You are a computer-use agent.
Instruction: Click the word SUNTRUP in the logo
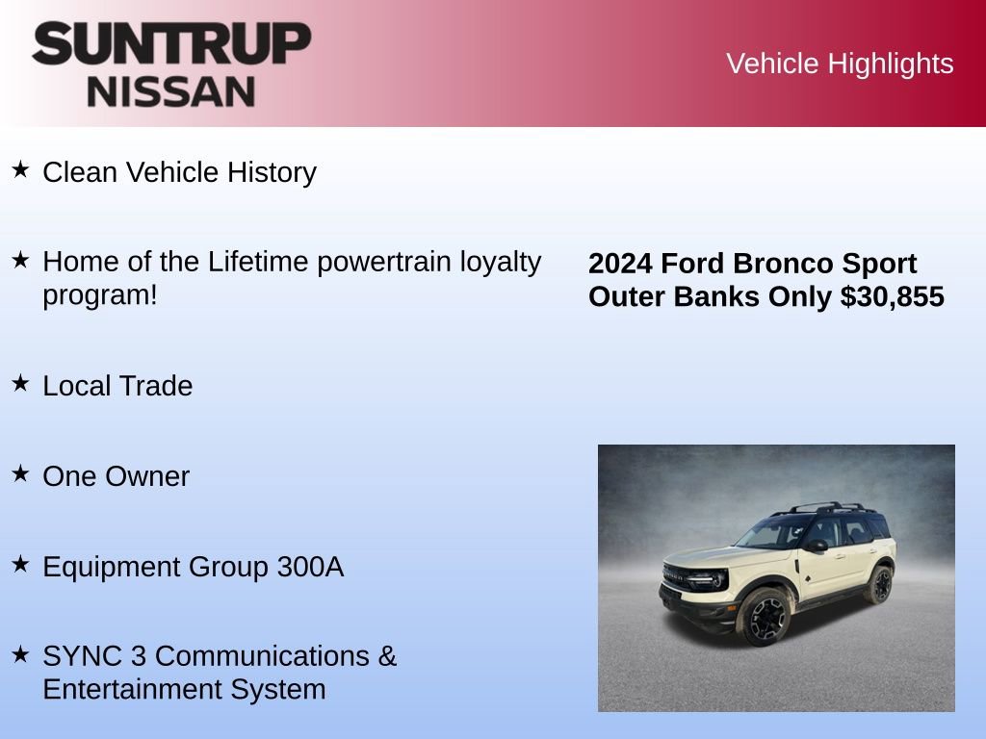pyautogui.click(x=171, y=44)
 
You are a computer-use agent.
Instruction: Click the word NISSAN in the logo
pyautogui.click(x=171, y=90)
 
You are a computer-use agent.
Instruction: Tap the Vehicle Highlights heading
pyautogui.click(x=840, y=64)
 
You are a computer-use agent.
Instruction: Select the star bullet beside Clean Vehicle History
pyautogui.click(x=20, y=170)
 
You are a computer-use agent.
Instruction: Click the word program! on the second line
pyautogui.click(x=99, y=294)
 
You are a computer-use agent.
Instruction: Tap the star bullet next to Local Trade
pyautogui.click(x=20, y=383)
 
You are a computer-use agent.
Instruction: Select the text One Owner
pyautogui.click(x=116, y=476)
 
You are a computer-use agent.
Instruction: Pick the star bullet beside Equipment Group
pyautogui.click(x=20, y=565)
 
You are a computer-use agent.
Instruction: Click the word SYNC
pyautogui.click(x=76, y=656)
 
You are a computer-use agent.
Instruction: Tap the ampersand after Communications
pyautogui.click(x=386, y=656)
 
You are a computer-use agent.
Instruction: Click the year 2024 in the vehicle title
pyautogui.click(x=620, y=264)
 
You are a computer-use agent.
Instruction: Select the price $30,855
pyautogui.click(x=892, y=296)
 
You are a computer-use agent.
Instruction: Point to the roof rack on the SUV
pyautogui.click(x=830, y=507)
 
